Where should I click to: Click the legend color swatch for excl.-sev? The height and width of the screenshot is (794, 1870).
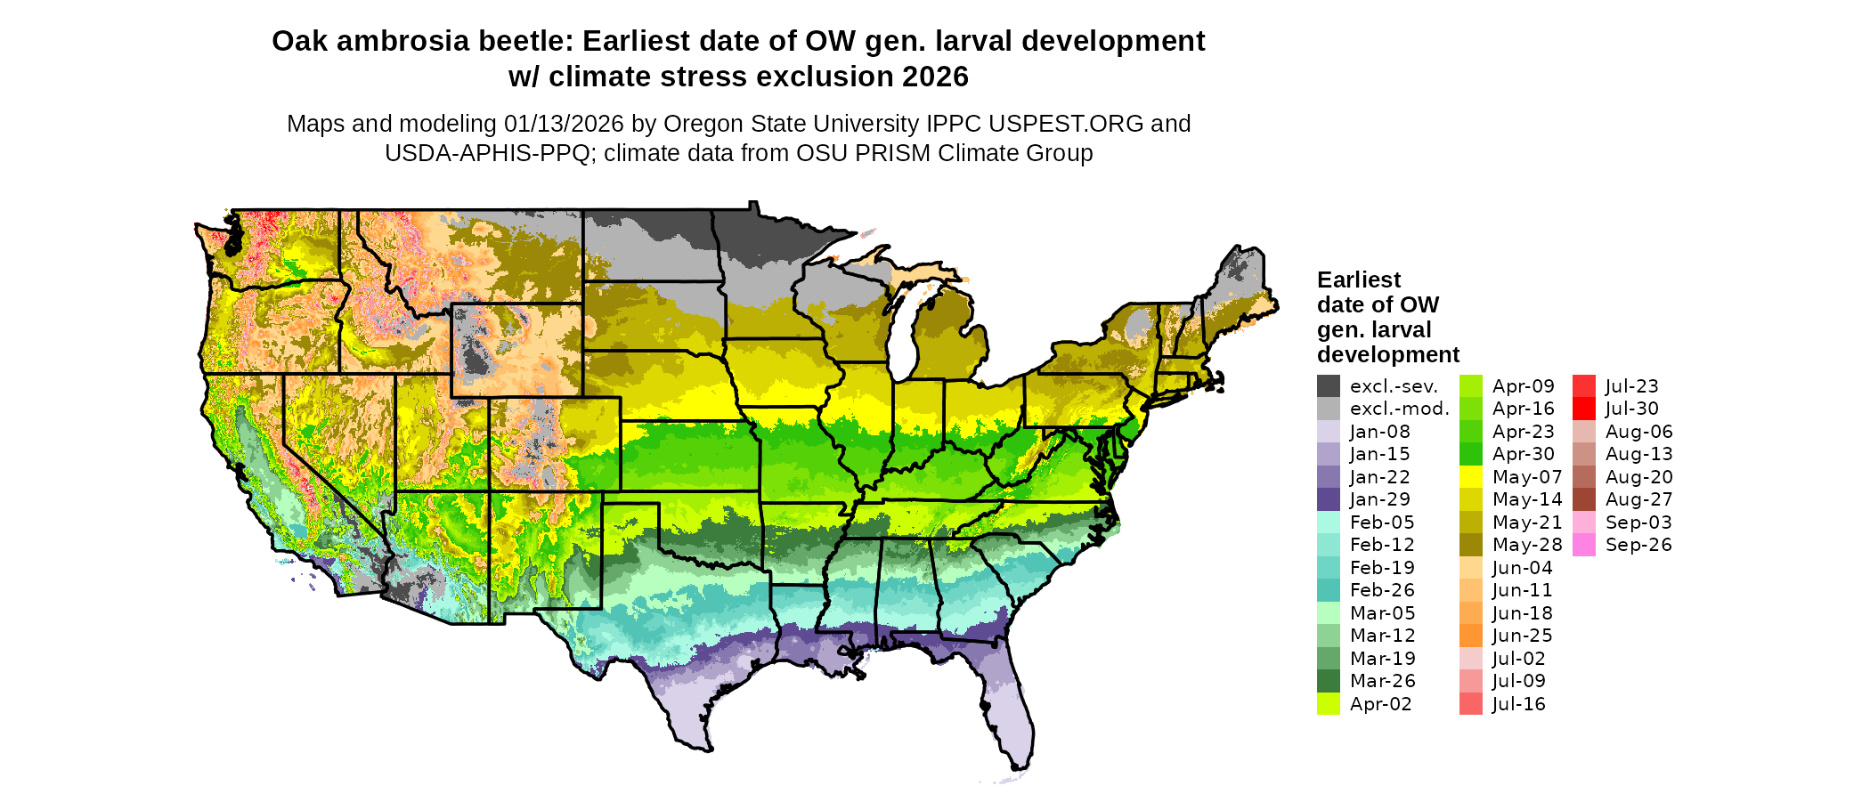pos(1328,386)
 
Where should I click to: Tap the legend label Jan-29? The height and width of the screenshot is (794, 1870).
pos(1379,499)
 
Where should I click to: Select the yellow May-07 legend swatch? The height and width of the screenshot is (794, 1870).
pos(1471,477)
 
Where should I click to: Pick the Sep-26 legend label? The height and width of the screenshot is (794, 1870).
pos(1638,545)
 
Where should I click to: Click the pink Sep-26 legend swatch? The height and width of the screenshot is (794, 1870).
pos(1584,545)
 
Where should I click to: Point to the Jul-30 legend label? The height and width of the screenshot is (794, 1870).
pos(1631,409)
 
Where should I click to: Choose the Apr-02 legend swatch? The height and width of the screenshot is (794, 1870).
pos(1328,704)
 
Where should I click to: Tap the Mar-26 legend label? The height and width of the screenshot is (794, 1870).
pos(1382,681)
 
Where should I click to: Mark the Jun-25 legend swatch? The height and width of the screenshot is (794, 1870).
pos(1471,636)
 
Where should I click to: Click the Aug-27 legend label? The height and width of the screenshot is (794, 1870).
pos(1638,499)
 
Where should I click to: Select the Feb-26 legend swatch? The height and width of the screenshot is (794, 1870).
pos(1328,590)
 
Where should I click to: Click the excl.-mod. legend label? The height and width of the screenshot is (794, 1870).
pos(1399,409)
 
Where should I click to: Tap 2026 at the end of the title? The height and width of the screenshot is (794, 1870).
pos(935,77)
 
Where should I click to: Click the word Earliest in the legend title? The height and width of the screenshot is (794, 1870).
pos(1359,280)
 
